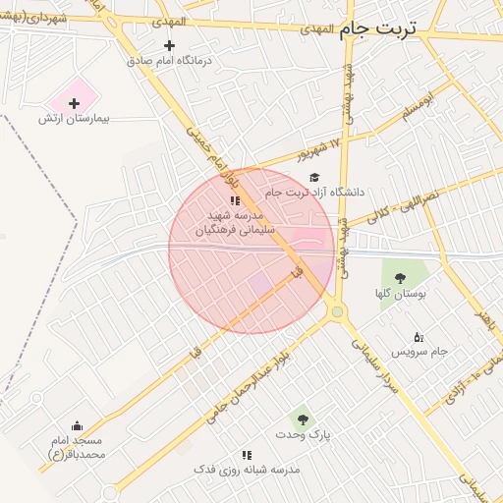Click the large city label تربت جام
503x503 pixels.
pos(378,29)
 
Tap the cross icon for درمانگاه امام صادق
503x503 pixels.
pos(169,45)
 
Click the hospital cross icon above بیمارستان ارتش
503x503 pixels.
pos(74,102)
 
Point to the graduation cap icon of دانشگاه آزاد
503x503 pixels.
pos(314,178)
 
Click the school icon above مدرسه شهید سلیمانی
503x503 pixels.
pos(234,200)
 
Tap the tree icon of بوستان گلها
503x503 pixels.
pos(399,278)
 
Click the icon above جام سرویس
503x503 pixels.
pos(419,337)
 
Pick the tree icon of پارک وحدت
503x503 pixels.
pos(302,419)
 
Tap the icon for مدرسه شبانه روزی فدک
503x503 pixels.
pos(247,455)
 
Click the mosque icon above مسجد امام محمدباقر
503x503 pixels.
pos(77,425)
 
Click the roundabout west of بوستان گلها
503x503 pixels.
pos(337,312)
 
